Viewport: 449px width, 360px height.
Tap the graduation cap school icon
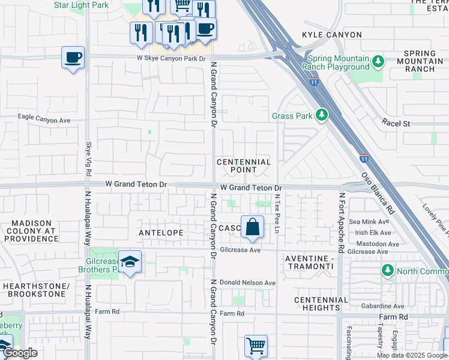(x=130, y=262)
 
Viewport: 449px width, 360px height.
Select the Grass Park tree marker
(x=322, y=115)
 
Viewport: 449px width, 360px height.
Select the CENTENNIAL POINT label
(x=244, y=166)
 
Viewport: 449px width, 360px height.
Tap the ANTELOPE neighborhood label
(x=160, y=232)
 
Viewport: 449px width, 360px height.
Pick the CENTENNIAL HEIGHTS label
(x=321, y=304)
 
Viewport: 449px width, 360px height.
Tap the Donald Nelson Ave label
(x=247, y=283)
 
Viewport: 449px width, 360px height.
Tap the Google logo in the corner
(x=20, y=353)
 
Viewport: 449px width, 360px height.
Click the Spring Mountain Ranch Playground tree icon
(x=378, y=61)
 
